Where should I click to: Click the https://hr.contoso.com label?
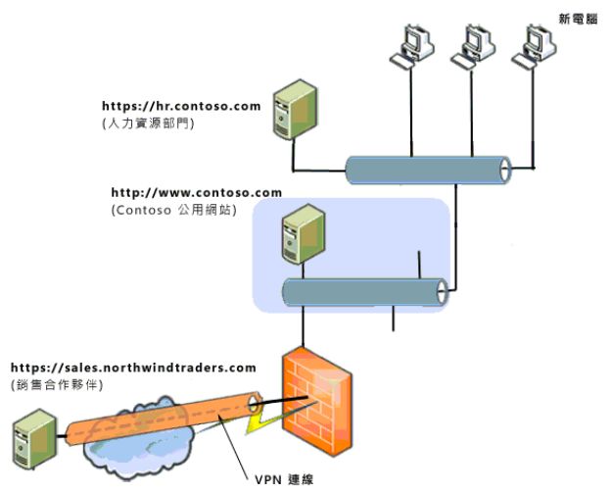pyautogui.click(x=181, y=105)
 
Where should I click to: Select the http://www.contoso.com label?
pyautogui.click(x=196, y=192)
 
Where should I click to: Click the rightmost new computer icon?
pyautogui.click(x=534, y=46)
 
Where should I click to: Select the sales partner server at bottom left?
pyautogui.click(x=29, y=442)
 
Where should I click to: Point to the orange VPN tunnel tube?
pyautogui.click(x=157, y=416)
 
